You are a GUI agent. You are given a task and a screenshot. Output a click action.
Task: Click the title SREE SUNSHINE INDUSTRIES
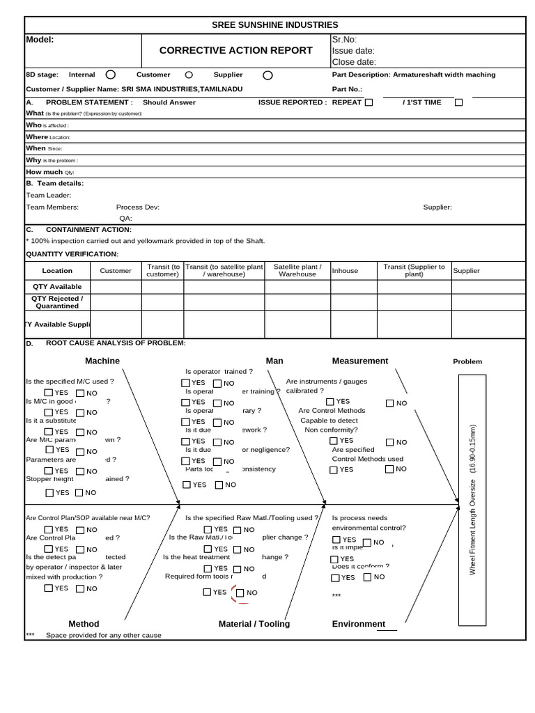(x=274, y=25)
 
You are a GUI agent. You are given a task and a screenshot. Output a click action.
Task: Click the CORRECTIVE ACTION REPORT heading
(x=236, y=50)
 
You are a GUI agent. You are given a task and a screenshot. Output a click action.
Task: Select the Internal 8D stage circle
(x=111, y=75)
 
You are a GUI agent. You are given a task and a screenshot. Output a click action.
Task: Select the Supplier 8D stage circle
(x=268, y=75)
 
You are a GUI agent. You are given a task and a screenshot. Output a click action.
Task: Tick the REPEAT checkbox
(x=369, y=102)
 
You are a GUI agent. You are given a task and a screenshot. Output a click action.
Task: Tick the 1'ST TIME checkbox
(x=458, y=102)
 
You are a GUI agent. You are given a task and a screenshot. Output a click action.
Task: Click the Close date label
(x=354, y=62)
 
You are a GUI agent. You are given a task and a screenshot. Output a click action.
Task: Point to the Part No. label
(x=347, y=89)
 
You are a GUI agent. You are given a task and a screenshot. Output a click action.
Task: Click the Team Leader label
(x=49, y=195)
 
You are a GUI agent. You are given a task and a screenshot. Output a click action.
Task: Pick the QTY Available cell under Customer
(x=116, y=286)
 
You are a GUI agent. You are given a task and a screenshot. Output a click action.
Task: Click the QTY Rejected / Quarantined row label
(x=57, y=301)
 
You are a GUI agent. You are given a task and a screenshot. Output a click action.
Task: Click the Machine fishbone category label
(x=102, y=361)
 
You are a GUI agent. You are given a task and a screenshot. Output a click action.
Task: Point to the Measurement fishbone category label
(x=360, y=361)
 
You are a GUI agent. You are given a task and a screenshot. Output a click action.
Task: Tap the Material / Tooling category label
(x=254, y=624)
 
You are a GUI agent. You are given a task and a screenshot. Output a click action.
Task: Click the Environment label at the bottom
(x=359, y=624)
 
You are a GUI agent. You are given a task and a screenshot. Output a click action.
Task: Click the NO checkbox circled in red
(x=240, y=593)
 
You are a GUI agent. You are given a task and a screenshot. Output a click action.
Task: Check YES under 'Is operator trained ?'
(x=185, y=383)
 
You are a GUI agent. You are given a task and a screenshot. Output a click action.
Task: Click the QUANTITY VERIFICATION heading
(x=72, y=254)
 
